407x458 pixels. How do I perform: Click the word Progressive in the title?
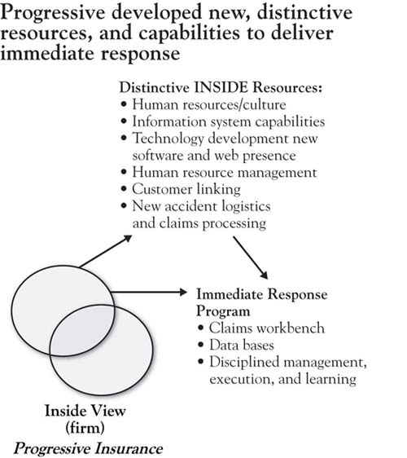pyautogui.click(x=52, y=13)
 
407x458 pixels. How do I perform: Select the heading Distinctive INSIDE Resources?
pyautogui.click(x=221, y=87)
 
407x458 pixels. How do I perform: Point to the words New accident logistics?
pyautogui.click(x=201, y=206)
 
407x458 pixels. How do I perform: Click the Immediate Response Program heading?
pyautogui.click(x=262, y=302)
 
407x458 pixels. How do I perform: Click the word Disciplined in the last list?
pyautogui.click(x=244, y=362)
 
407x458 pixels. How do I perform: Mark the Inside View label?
pyautogui.click(x=85, y=411)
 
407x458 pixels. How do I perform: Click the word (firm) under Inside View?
pyautogui.click(x=85, y=428)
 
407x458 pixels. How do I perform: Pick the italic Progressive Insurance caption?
pyautogui.click(x=88, y=448)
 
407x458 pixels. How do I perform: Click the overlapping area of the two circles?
pyautogui.click(x=82, y=330)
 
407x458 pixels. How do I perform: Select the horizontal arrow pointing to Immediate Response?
pyautogui.click(x=149, y=292)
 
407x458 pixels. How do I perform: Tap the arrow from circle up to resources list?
pyautogui.click(x=106, y=251)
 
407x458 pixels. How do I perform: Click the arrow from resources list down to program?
pyautogui.click(x=251, y=258)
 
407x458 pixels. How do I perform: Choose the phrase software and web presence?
pyautogui.click(x=214, y=156)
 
